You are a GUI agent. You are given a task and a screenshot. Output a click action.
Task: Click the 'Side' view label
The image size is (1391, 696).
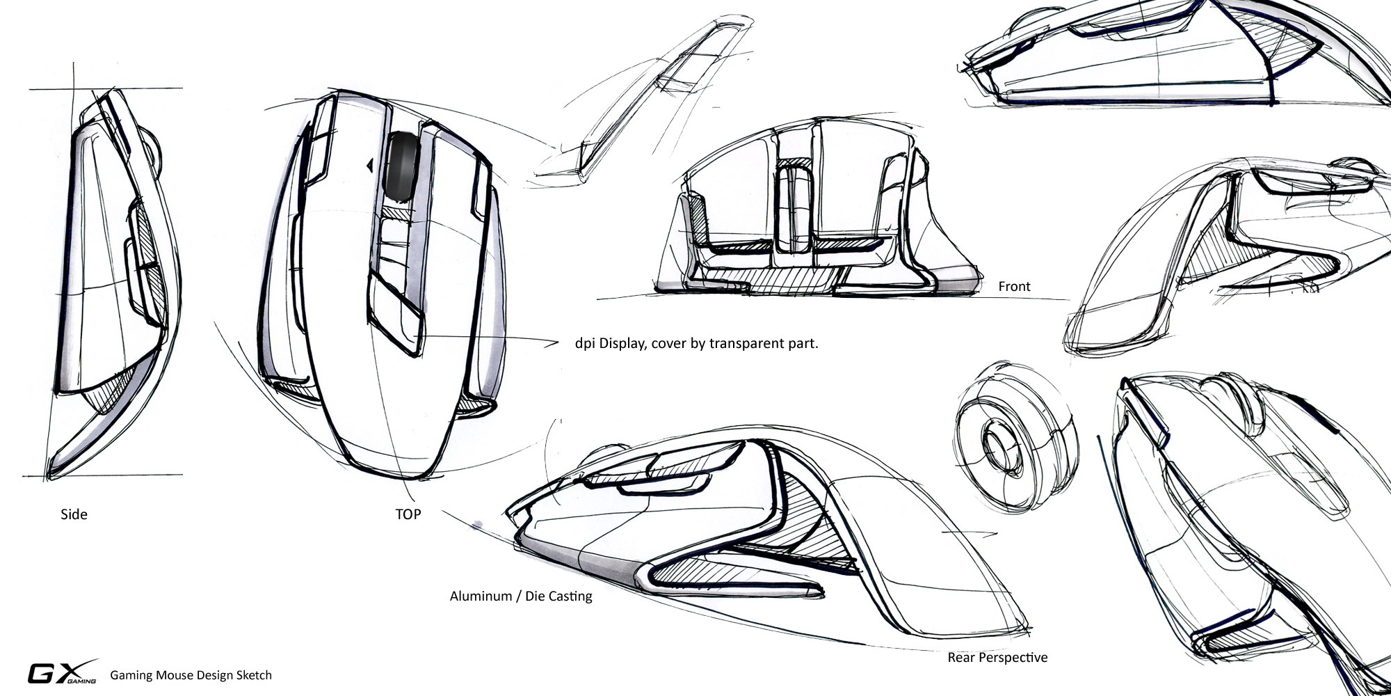(74, 515)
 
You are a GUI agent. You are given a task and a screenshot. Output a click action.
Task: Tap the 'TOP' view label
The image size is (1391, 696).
(408, 515)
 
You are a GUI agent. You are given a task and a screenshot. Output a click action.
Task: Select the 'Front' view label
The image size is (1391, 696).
(1014, 286)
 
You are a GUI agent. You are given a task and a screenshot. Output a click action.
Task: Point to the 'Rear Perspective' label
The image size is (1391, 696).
(997, 658)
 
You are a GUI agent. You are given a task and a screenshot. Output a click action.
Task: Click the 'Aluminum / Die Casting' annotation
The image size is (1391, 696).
(521, 596)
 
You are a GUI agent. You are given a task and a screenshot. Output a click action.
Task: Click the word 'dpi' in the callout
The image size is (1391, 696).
(585, 344)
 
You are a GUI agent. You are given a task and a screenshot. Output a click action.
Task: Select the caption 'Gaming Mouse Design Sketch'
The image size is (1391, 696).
(191, 675)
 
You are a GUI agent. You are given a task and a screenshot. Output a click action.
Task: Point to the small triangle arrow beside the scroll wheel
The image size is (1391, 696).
(370, 165)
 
